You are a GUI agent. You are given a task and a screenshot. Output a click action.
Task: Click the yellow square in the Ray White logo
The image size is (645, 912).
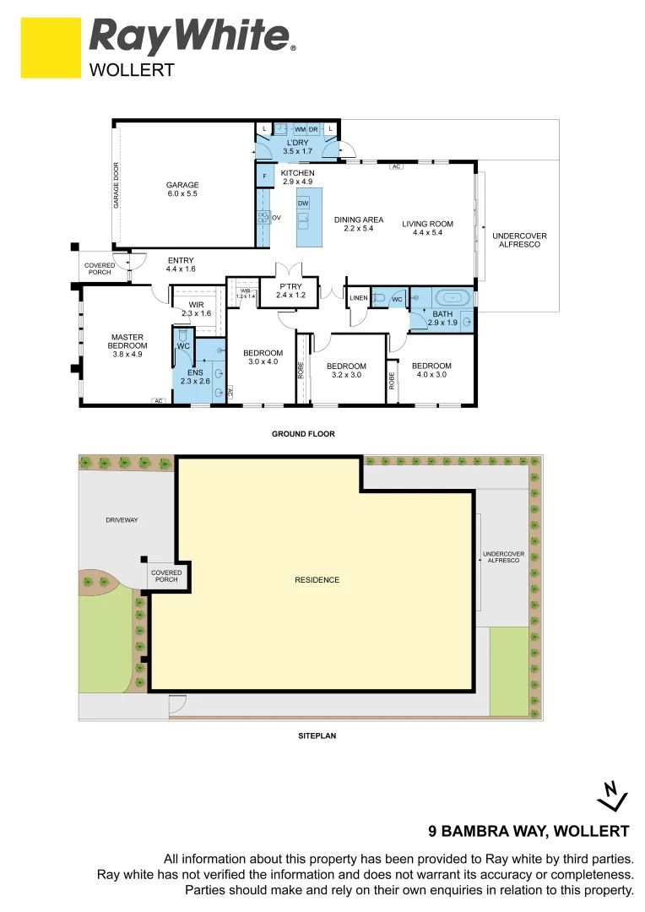(x=51, y=48)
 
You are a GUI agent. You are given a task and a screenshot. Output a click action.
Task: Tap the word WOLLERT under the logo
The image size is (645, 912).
(x=132, y=71)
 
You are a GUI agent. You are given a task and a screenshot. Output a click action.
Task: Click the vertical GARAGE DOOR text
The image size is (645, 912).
(x=117, y=184)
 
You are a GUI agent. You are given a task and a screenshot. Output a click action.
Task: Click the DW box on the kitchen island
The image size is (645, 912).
(x=303, y=204)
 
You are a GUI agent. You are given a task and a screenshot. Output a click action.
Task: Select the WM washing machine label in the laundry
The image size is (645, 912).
(x=300, y=128)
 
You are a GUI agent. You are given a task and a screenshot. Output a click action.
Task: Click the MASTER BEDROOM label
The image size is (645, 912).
(x=128, y=341)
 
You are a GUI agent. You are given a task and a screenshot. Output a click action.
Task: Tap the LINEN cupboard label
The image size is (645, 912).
(x=359, y=298)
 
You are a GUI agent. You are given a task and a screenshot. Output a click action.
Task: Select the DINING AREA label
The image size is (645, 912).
(x=358, y=219)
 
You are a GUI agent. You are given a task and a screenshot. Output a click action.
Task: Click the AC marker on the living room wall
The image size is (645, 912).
(x=395, y=166)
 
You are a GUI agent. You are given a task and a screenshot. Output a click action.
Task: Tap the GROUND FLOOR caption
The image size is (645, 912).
(x=303, y=434)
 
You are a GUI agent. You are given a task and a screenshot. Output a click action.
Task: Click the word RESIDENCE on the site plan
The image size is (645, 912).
(x=317, y=579)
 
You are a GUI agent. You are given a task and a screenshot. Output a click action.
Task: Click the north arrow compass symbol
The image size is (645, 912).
(x=610, y=794)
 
